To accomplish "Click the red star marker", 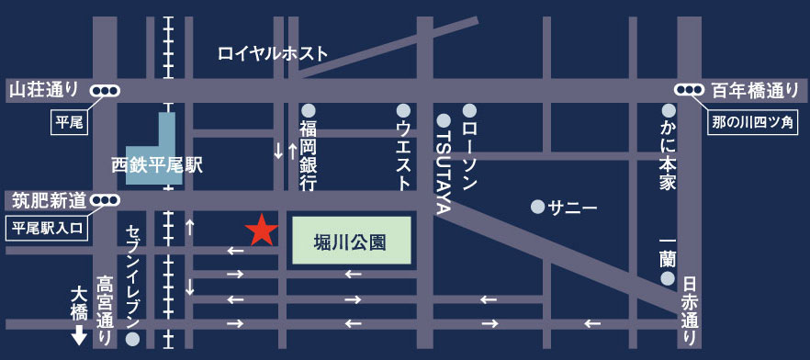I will coord(262,231).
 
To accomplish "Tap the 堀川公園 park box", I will coord(352,242).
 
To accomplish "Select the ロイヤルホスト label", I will coord(273,54).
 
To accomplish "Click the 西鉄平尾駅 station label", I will coord(157,165).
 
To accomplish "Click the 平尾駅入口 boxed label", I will coord(49,227).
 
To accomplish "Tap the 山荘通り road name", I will coord(44,90).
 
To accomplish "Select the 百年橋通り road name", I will coord(756,90).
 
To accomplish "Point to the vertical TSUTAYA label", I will coord(443,171).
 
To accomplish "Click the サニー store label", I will coord(572,208).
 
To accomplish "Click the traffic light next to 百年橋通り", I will coord(690,90).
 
